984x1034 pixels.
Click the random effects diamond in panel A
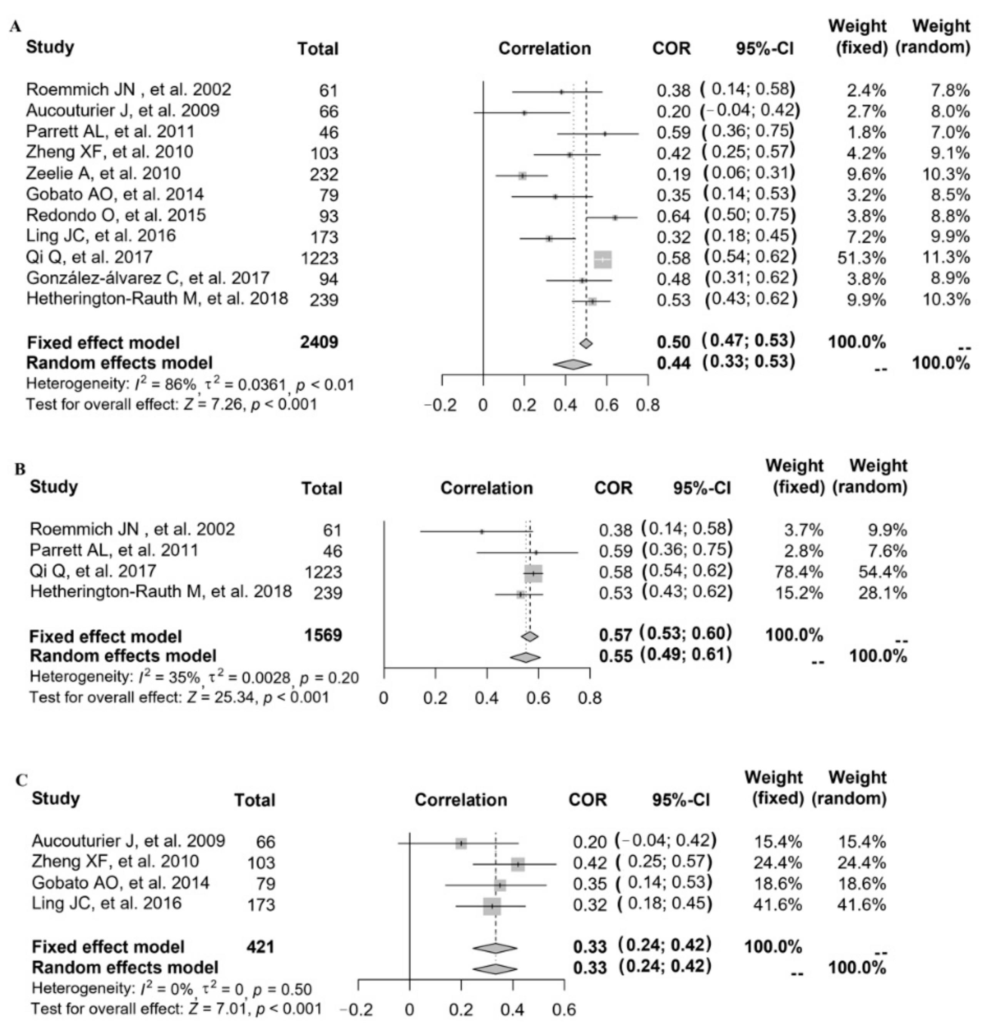(x=572, y=364)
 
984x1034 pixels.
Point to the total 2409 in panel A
(x=319, y=342)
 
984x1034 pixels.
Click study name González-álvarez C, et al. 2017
(x=148, y=278)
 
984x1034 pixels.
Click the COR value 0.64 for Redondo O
(x=673, y=216)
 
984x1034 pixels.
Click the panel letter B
(x=20, y=468)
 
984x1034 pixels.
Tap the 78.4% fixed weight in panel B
(x=798, y=572)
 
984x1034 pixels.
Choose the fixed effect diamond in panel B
(x=530, y=636)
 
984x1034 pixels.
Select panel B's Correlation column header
(x=486, y=488)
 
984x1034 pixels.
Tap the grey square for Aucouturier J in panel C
(x=461, y=843)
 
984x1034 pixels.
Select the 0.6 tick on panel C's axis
(x=564, y=1010)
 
